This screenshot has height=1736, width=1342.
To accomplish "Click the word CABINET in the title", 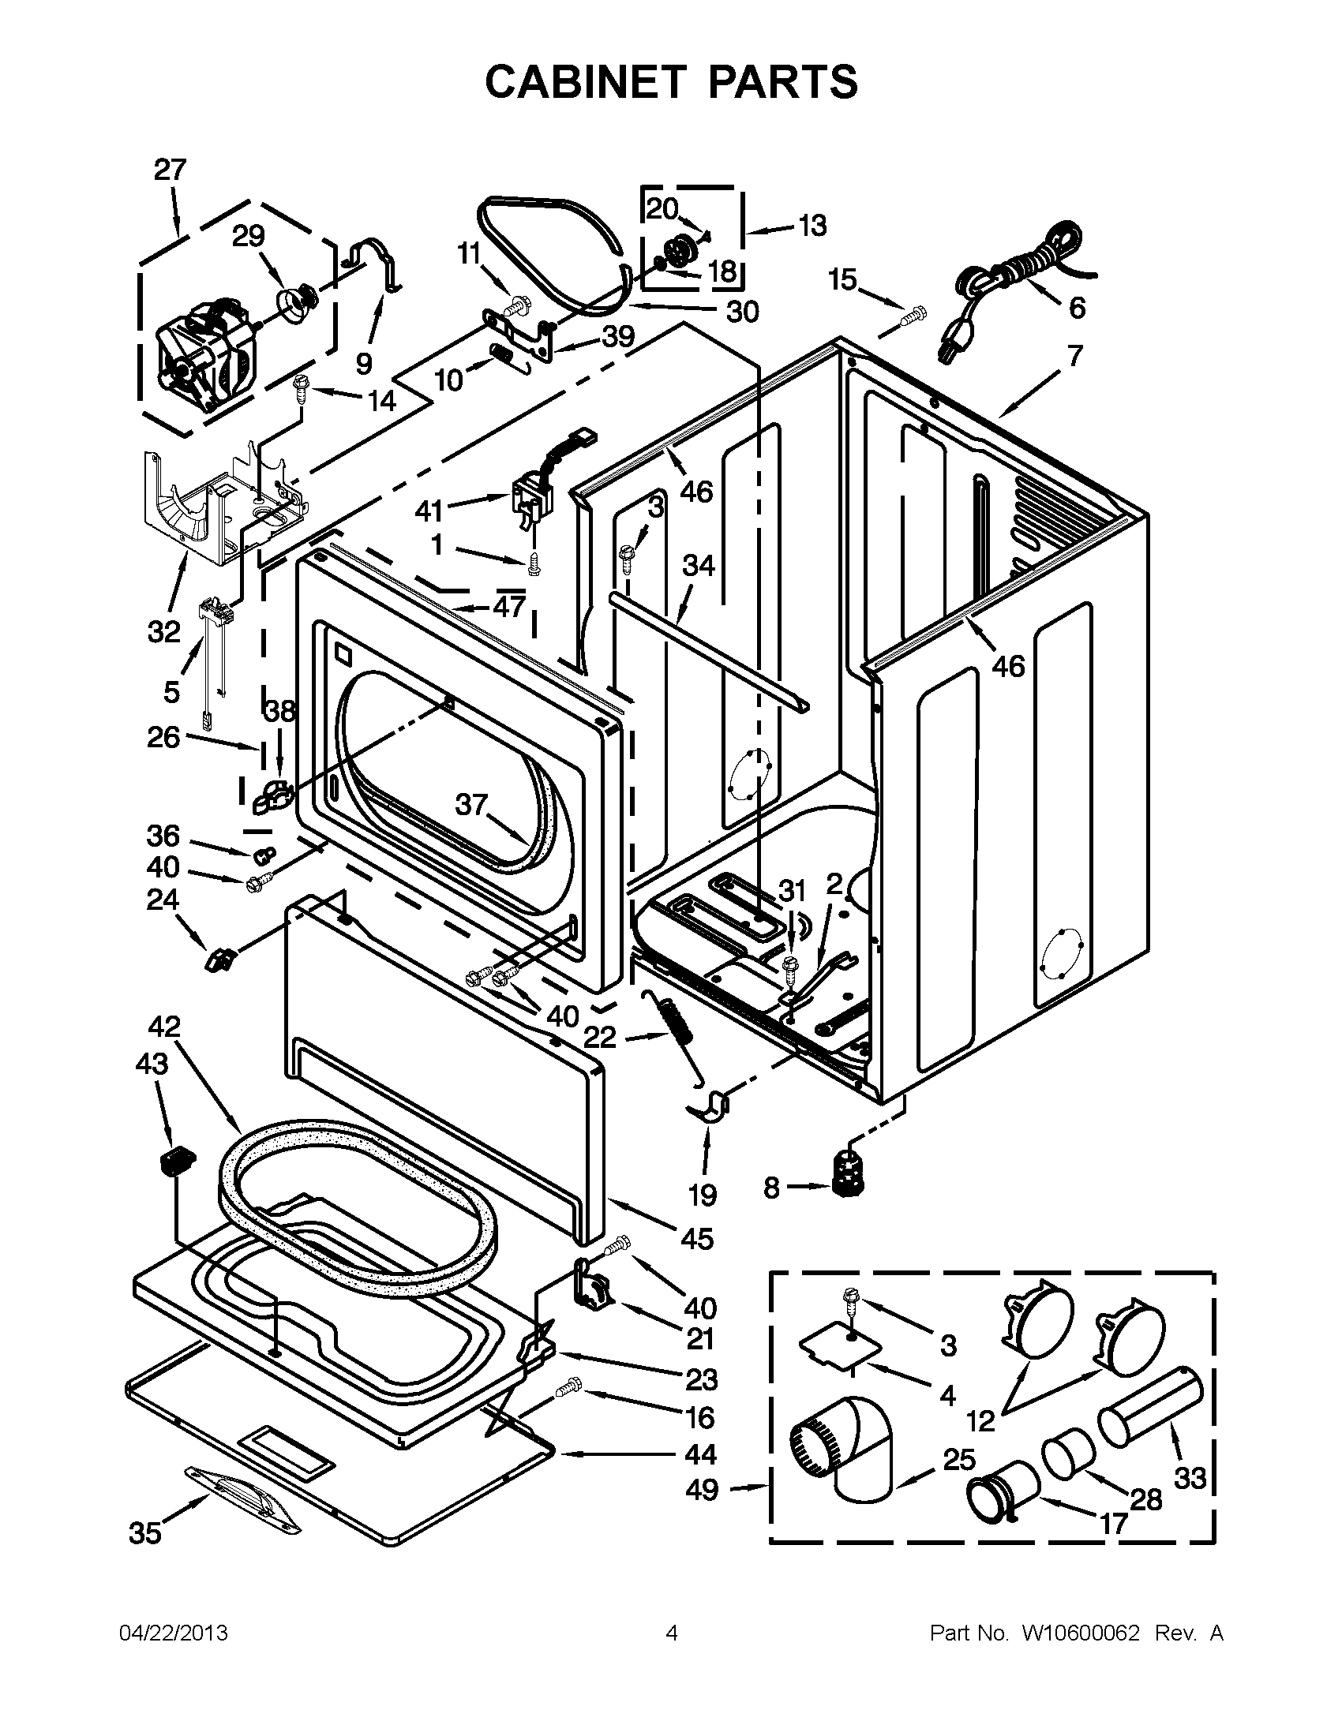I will click(585, 81).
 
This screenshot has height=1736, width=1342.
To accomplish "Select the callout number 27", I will click(170, 170).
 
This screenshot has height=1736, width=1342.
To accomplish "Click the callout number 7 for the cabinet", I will click(1074, 356).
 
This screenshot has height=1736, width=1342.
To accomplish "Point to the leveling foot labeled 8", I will click(848, 1188).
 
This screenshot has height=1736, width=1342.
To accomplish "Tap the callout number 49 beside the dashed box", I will click(701, 1489).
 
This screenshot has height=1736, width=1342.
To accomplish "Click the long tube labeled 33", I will click(1149, 1405).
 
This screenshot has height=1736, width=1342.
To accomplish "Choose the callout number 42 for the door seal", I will click(164, 1026).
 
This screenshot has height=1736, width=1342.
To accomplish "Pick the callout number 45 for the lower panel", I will click(696, 1237).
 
